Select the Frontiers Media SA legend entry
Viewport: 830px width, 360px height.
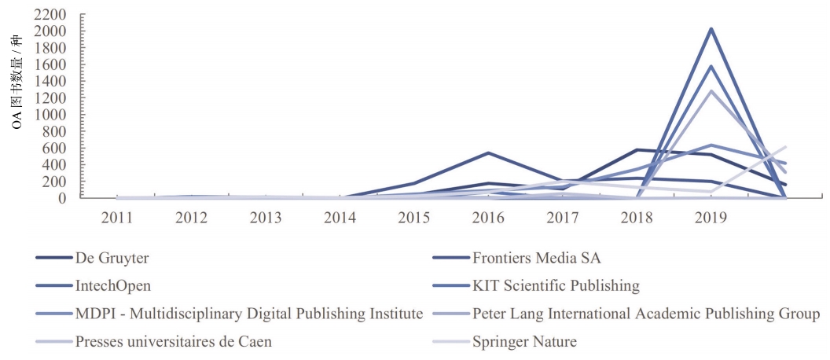[x=531, y=257]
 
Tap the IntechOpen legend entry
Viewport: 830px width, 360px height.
[x=113, y=285]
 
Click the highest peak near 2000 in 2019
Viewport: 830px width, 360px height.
[x=711, y=29]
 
